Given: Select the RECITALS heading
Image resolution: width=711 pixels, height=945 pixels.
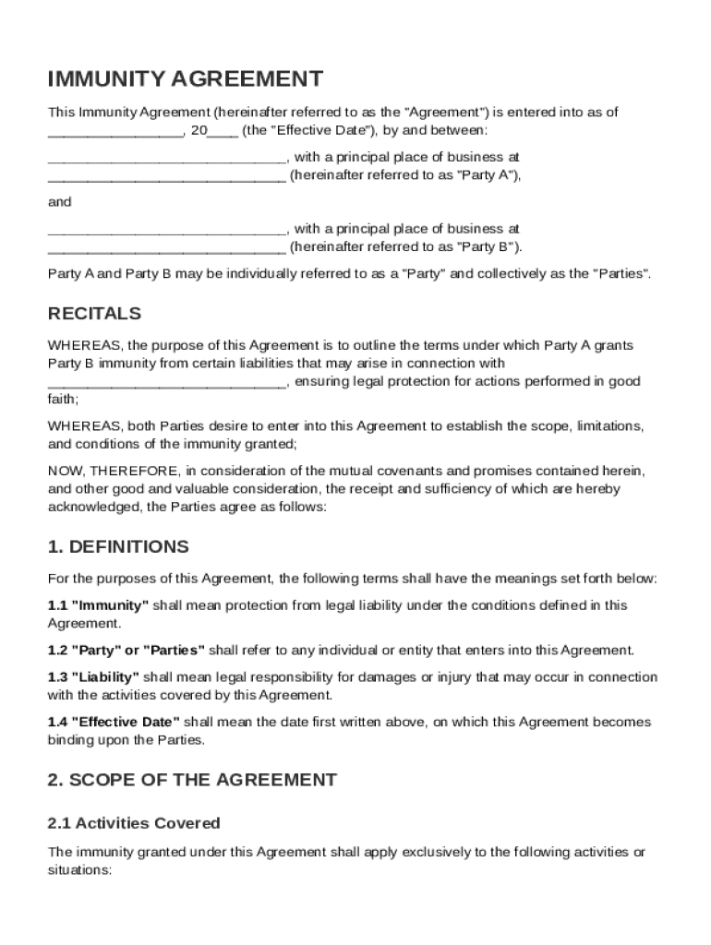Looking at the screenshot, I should tap(94, 313).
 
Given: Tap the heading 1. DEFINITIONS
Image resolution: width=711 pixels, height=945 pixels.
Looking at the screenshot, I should tap(118, 546).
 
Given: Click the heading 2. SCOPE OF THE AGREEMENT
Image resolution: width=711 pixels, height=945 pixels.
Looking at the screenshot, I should tap(192, 780).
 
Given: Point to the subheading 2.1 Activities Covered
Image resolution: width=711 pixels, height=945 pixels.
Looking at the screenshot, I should tap(134, 822).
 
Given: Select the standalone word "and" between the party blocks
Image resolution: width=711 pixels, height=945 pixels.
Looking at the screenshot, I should tap(59, 201).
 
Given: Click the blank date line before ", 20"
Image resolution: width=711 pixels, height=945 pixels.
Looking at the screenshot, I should tap(114, 131).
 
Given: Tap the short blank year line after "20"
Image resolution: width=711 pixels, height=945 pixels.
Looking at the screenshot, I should tap(223, 131).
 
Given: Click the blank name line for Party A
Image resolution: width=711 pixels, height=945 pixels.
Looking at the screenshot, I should tap(167, 158).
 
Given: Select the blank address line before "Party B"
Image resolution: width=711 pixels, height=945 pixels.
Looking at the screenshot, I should tap(166, 247).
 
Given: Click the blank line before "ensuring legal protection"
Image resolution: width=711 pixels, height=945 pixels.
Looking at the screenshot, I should tap(167, 382).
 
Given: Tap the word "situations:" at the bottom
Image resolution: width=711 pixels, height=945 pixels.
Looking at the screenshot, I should tap(79, 869).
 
